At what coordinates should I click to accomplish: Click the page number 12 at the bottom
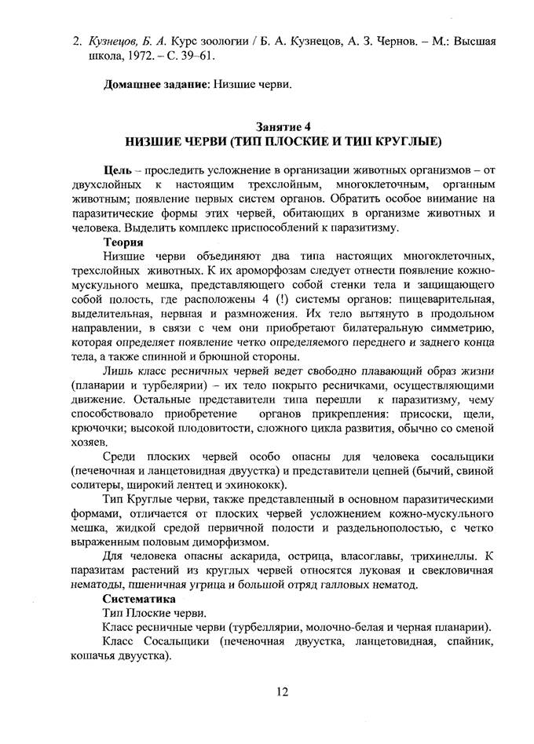coord(283,691)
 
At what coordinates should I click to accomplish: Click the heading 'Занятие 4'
coord(283,127)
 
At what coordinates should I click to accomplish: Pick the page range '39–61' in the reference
coord(192,57)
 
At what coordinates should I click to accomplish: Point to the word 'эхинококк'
coord(307,484)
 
